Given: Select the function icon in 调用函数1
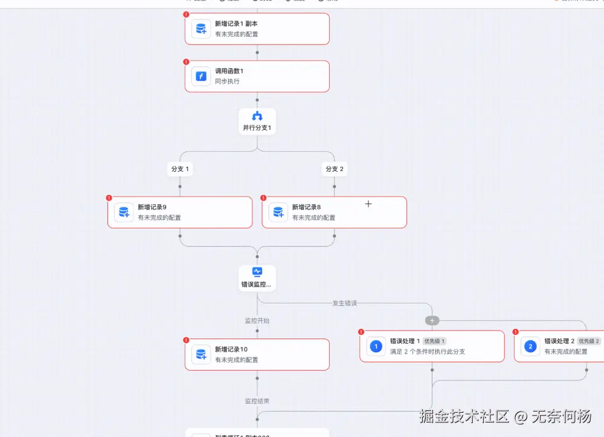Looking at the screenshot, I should [x=201, y=77].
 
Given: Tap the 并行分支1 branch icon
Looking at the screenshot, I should [x=257, y=116].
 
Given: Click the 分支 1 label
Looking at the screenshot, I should [x=180, y=169].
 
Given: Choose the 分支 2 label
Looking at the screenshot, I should [x=334, y=169].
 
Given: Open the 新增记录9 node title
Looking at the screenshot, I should [x=152, y=207].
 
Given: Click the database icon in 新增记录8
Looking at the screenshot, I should [x=278, y=212].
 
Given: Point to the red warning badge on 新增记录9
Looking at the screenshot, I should [x=109, y=198].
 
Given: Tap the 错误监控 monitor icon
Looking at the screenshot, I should [x=257, y=272].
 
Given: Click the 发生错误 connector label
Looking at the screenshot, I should [x=345, y=303].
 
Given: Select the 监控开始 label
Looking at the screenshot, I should [x=257, y=321].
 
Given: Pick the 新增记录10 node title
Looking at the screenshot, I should [x=231, y=349].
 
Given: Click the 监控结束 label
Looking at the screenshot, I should [x=257, y=401].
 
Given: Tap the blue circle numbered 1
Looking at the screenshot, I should [x=376, y=346].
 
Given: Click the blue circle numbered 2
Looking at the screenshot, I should [x=530, y=346].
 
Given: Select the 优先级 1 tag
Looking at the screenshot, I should [x=434, y=342].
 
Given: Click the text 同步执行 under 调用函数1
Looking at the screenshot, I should [x=227, y=82].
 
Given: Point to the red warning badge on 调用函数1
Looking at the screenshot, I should [x=186, y=62].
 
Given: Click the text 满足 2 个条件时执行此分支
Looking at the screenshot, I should [x=427, y=352].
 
